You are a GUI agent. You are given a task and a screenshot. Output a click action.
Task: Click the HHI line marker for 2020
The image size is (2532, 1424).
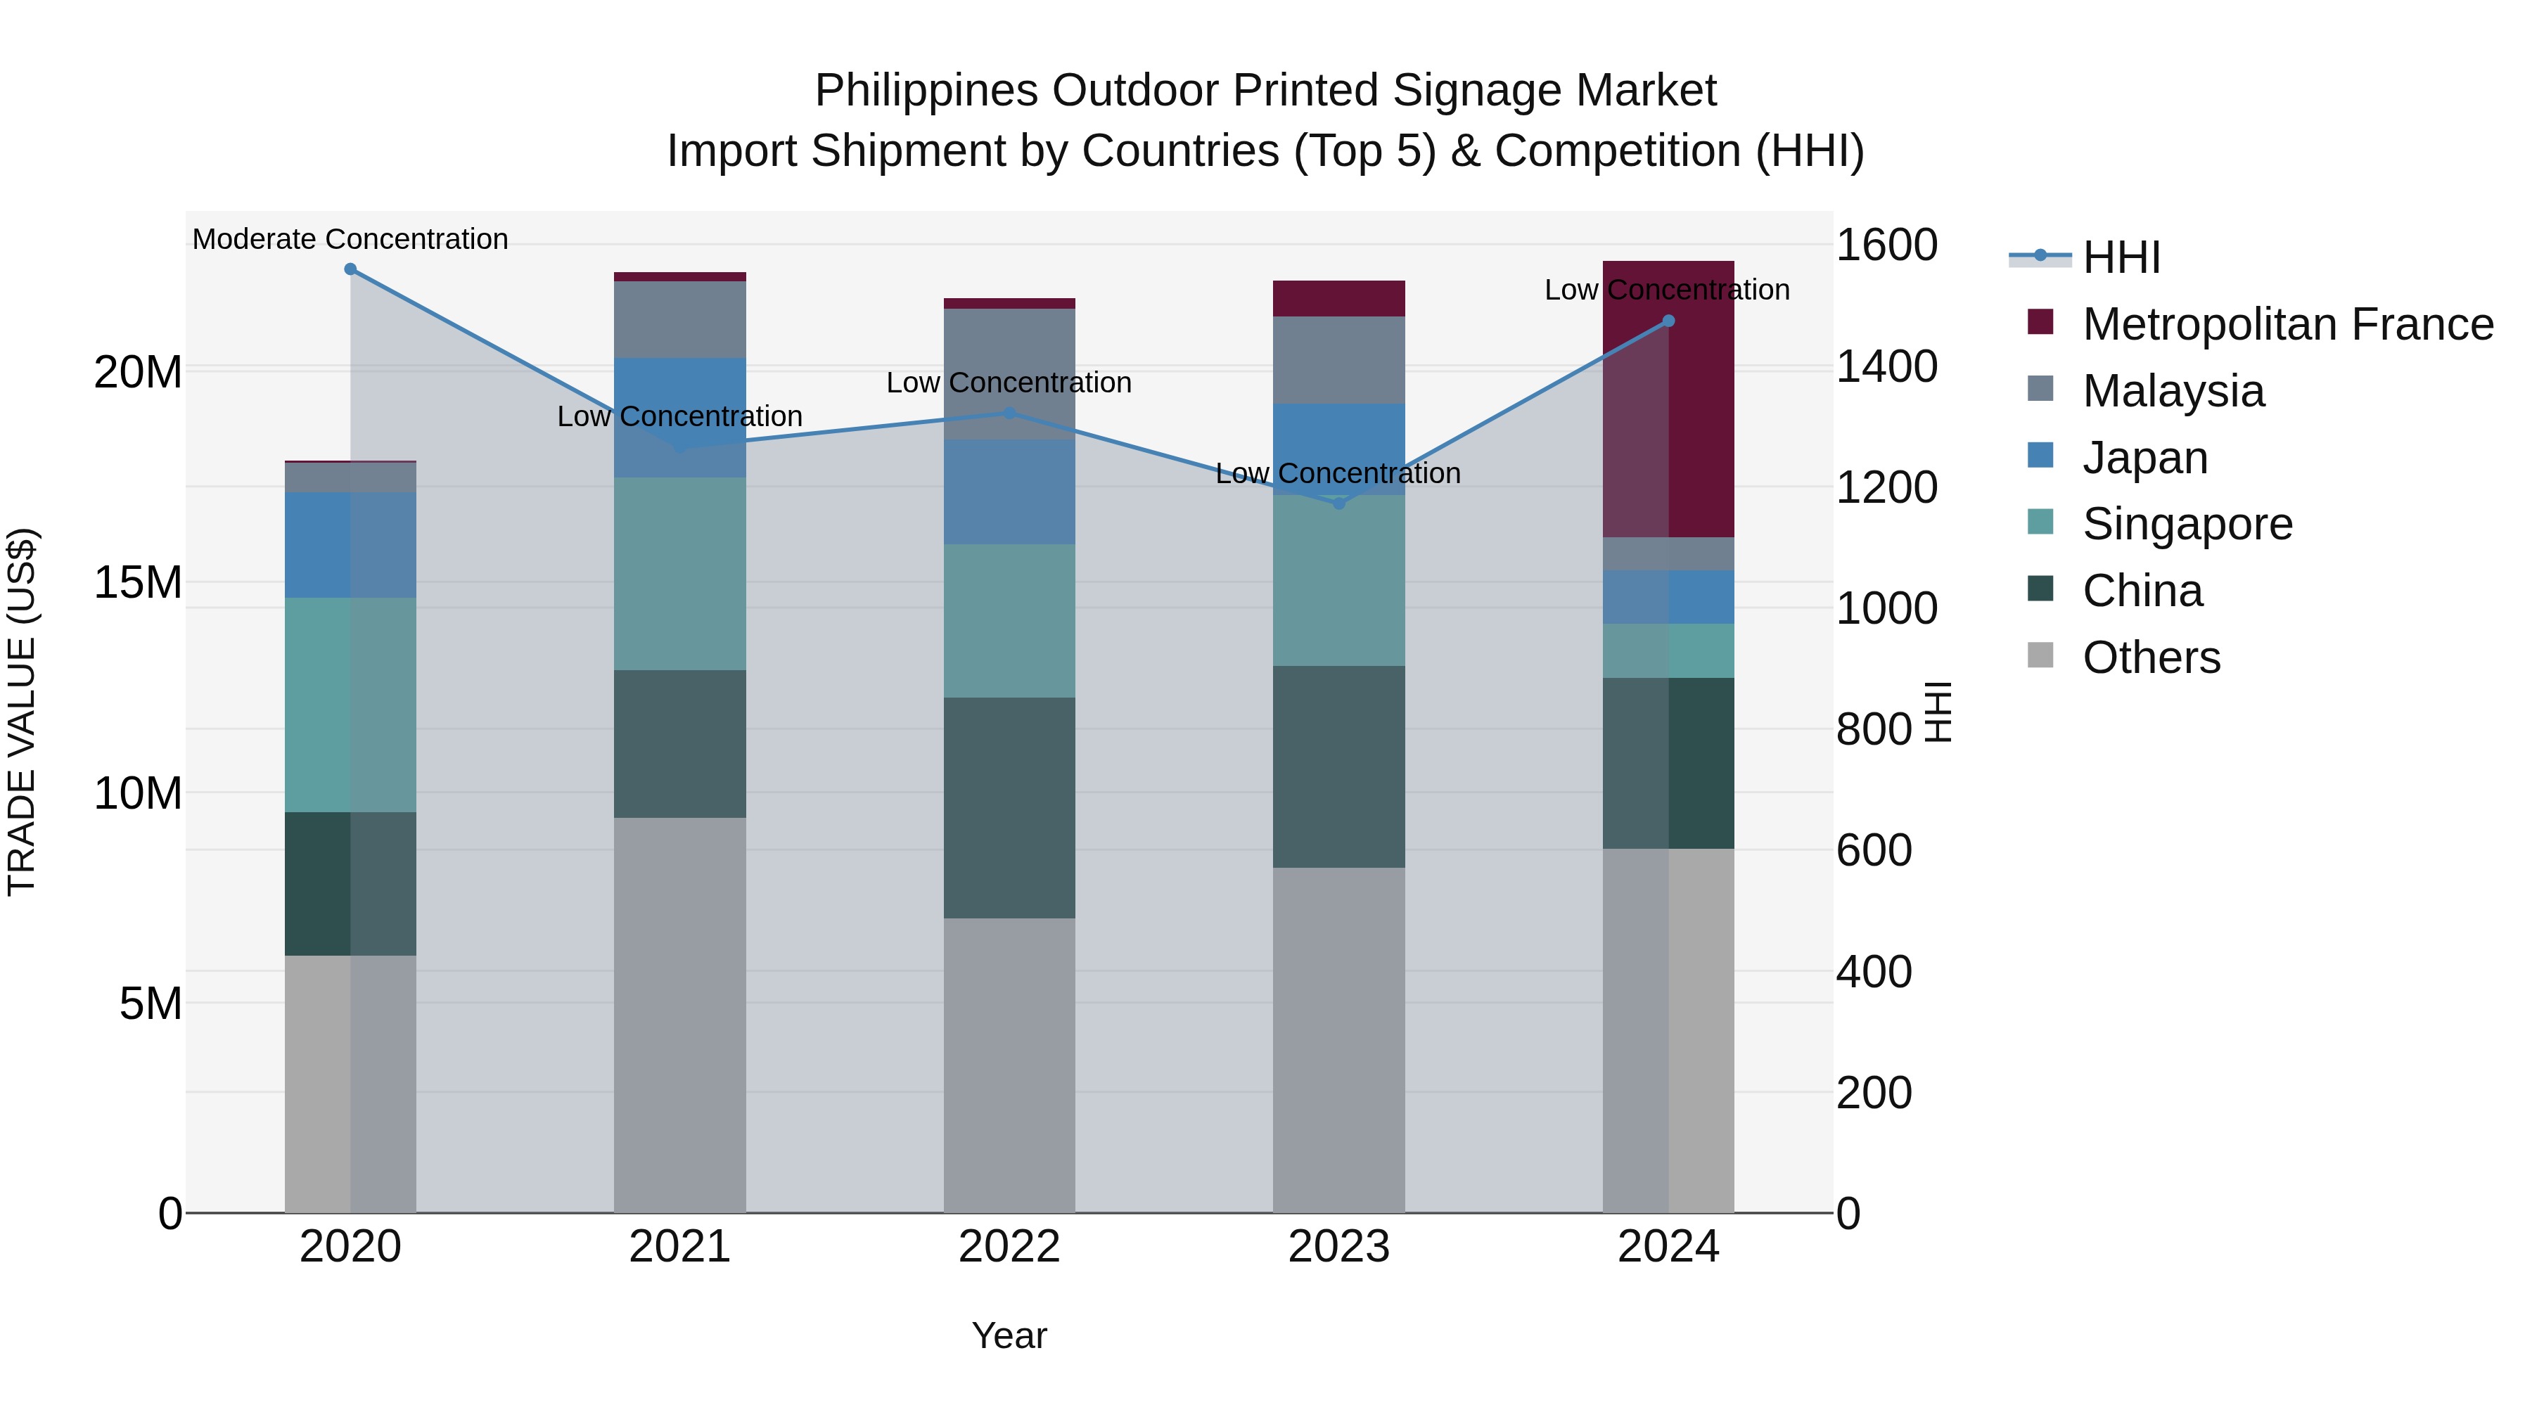pos(350,269)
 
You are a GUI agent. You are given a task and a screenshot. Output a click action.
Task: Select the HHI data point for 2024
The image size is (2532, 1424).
pos(1668,321)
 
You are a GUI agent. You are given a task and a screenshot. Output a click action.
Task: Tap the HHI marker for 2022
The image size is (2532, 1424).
pos(1009,413)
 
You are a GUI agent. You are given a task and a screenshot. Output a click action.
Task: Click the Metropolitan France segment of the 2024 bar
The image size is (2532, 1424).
pos(1668,399)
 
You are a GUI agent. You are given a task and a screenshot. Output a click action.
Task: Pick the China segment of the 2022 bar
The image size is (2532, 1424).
pos(1009,808)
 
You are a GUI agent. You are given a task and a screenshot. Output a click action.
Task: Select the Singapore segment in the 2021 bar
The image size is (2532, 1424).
pos(679,574)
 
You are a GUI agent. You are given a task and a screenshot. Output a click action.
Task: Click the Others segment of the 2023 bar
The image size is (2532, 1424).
pos(1338,1040)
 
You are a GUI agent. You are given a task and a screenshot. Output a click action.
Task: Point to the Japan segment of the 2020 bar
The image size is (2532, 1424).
pos(350,546)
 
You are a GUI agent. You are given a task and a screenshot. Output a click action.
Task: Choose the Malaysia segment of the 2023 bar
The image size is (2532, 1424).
pos(1338,359)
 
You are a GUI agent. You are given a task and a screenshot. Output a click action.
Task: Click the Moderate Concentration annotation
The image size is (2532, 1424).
pos(350,239)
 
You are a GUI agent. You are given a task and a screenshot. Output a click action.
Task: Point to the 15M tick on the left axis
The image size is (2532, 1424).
pos(138,583)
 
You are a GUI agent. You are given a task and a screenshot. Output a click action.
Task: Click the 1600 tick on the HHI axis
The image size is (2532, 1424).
pos(1886,245)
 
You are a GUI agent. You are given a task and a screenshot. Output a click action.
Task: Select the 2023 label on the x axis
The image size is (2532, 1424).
pos(1338,1247)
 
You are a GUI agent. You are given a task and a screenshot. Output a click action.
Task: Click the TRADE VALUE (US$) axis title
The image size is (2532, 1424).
pos(22,712)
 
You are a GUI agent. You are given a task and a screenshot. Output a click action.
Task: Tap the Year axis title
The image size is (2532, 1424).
pos(1009,1335)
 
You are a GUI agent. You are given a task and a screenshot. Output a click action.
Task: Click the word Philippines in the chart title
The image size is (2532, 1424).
pos(925,91)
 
